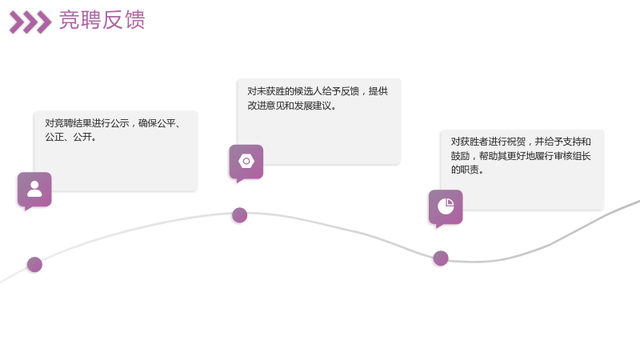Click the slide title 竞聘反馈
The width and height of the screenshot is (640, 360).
pos(102,20)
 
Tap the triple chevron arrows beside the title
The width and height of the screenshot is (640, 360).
pos(30,22)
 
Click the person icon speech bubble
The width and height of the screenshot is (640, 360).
pos(34,190)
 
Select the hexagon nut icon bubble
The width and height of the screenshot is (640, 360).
pos(246,163)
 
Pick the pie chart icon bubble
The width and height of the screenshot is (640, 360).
pos(446,208)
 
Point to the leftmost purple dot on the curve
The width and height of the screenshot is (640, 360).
pos(34,265)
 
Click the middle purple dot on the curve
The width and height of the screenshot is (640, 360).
pos(239,215)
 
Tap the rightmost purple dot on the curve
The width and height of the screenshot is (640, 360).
pos(441,258)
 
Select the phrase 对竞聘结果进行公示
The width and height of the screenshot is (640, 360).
pos(87,123)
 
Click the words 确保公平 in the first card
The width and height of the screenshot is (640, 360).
pos(157,123)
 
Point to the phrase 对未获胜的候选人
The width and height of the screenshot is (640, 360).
pos(285,91)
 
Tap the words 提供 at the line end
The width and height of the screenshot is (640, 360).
pos(378,91)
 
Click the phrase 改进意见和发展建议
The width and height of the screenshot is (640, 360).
pos(290,106)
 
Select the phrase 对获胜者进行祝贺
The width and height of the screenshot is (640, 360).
pos(488,142)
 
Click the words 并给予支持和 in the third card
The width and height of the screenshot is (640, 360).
pos(563,142)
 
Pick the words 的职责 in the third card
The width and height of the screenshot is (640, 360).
pos(465,170)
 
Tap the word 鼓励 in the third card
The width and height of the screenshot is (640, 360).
pos(460,156)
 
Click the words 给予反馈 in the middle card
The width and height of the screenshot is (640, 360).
pos(341,91)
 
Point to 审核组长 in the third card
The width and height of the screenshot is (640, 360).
pos(572,156)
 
